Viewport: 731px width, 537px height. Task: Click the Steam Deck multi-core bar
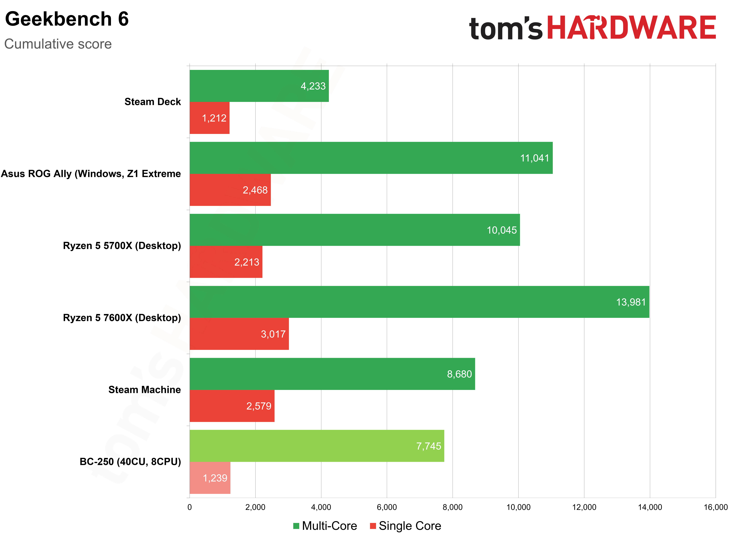tap(259, 86)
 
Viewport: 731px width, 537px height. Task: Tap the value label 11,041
tap(535, 158)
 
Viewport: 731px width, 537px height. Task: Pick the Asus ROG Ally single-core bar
tap(230, 190)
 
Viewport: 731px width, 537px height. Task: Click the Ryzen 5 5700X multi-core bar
tap(355, 230)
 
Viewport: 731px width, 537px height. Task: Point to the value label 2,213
tap(247, 262)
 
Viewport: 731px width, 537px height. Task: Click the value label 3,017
tap(273, 334)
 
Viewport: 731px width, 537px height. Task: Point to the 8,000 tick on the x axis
tap(452, 507)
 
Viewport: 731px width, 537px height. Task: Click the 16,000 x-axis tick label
tap(715, 507)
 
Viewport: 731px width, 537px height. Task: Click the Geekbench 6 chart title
tap(67, 19)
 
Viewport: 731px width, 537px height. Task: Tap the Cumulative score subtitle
tap(58, 44)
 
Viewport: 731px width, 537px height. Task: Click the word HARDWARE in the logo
tap(631, 28)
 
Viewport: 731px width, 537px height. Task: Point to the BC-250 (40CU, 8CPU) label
tap(130, 462)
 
